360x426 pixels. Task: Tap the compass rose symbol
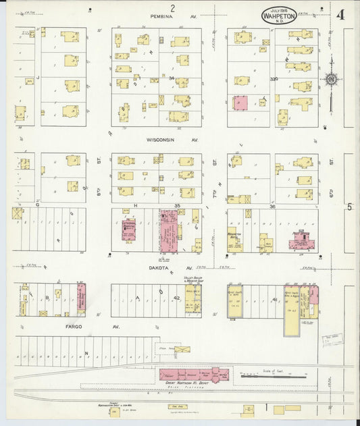click(x=331, y=79)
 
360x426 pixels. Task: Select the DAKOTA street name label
click(x=164, y=267)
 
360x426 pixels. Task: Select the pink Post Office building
click(x=300, y=241)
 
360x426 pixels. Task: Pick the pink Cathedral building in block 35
click(x=128, y=231)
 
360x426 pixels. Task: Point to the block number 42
click(x=176, y=297)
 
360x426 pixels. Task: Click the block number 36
click(x=273, y=207)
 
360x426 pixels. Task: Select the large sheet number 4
click(x=340, y=15)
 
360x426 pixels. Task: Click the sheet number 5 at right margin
click(x=350, y=207)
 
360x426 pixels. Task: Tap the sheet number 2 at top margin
click(x=173, y=7)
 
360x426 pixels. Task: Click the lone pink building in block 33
click(x=240, y=103)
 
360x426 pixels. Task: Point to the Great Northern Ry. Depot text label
click(x=190, y=384)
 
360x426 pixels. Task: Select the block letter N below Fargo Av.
click(x=86, y=352)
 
